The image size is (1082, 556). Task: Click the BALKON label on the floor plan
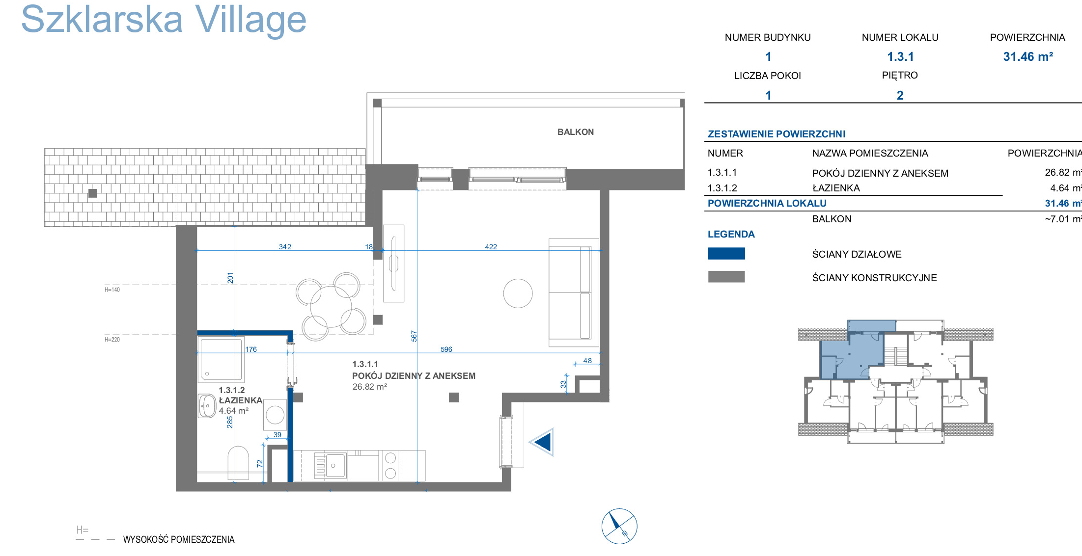(576, 132)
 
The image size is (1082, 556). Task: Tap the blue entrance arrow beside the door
(542, 442)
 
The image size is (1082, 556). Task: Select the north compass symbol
(619, 526)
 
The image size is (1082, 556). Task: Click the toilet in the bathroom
(238, 463)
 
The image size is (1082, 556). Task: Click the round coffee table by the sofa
(518, 293)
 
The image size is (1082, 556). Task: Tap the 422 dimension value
(491, 247)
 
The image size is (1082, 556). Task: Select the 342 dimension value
(285, 247)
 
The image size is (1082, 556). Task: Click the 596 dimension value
(446, 349)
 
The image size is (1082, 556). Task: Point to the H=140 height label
(112, 290)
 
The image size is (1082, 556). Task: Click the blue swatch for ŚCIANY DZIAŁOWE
(726, 253)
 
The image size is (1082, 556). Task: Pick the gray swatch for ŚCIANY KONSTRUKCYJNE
(726, 277)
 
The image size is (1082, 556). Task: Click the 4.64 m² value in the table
(1066, 188)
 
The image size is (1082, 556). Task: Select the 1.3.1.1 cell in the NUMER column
(722, 172)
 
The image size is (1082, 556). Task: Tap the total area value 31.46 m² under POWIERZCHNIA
(1028, 56)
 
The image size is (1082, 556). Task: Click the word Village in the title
(250, 20)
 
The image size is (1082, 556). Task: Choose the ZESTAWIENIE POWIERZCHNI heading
(777, 134)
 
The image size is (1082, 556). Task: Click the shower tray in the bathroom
(221, 359)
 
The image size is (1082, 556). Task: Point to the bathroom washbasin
(207, 406)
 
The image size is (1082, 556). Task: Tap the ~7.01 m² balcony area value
(1063, 219)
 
